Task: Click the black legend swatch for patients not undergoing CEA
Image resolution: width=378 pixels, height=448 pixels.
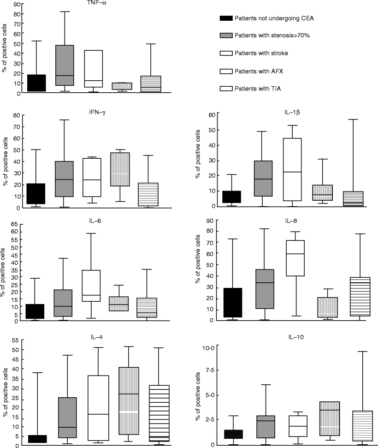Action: (225, 19)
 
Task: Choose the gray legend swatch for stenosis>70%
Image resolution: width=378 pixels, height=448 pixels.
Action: (225, 36)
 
